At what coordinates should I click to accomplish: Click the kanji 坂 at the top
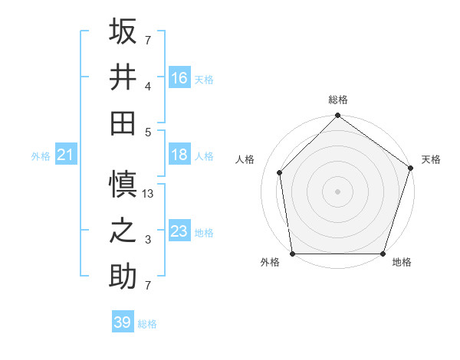click(x=123, y=31)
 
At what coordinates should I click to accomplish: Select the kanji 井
click(x=123, y=77)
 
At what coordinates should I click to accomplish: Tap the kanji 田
click(x=123, y=123)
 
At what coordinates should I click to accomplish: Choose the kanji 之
click(x=123, y=231)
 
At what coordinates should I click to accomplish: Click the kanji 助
click(x=123, y=276)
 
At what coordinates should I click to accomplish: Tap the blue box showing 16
click(x=179, y=77)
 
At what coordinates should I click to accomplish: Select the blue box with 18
click(x=179, y=155)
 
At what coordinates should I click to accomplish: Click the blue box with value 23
click(x=179, y=231)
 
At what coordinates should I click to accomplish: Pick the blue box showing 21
click(x=65, y=155)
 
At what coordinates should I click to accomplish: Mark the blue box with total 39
click(x=123, y=322)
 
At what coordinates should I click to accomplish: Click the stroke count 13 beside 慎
click(x=149, y=195)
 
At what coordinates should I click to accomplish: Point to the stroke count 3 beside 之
click(x=149, y=241)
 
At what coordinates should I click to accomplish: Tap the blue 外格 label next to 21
click(x=41, y=156)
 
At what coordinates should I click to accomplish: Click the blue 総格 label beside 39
click(x=147, y=324)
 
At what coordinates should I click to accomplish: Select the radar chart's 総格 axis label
click(x=337, y=100)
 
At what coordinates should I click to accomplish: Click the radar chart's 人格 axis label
click(x=245, y=159)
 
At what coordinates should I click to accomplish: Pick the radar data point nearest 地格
click(x=383, y=254)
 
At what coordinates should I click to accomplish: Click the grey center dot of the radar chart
click(x=337, y=191)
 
